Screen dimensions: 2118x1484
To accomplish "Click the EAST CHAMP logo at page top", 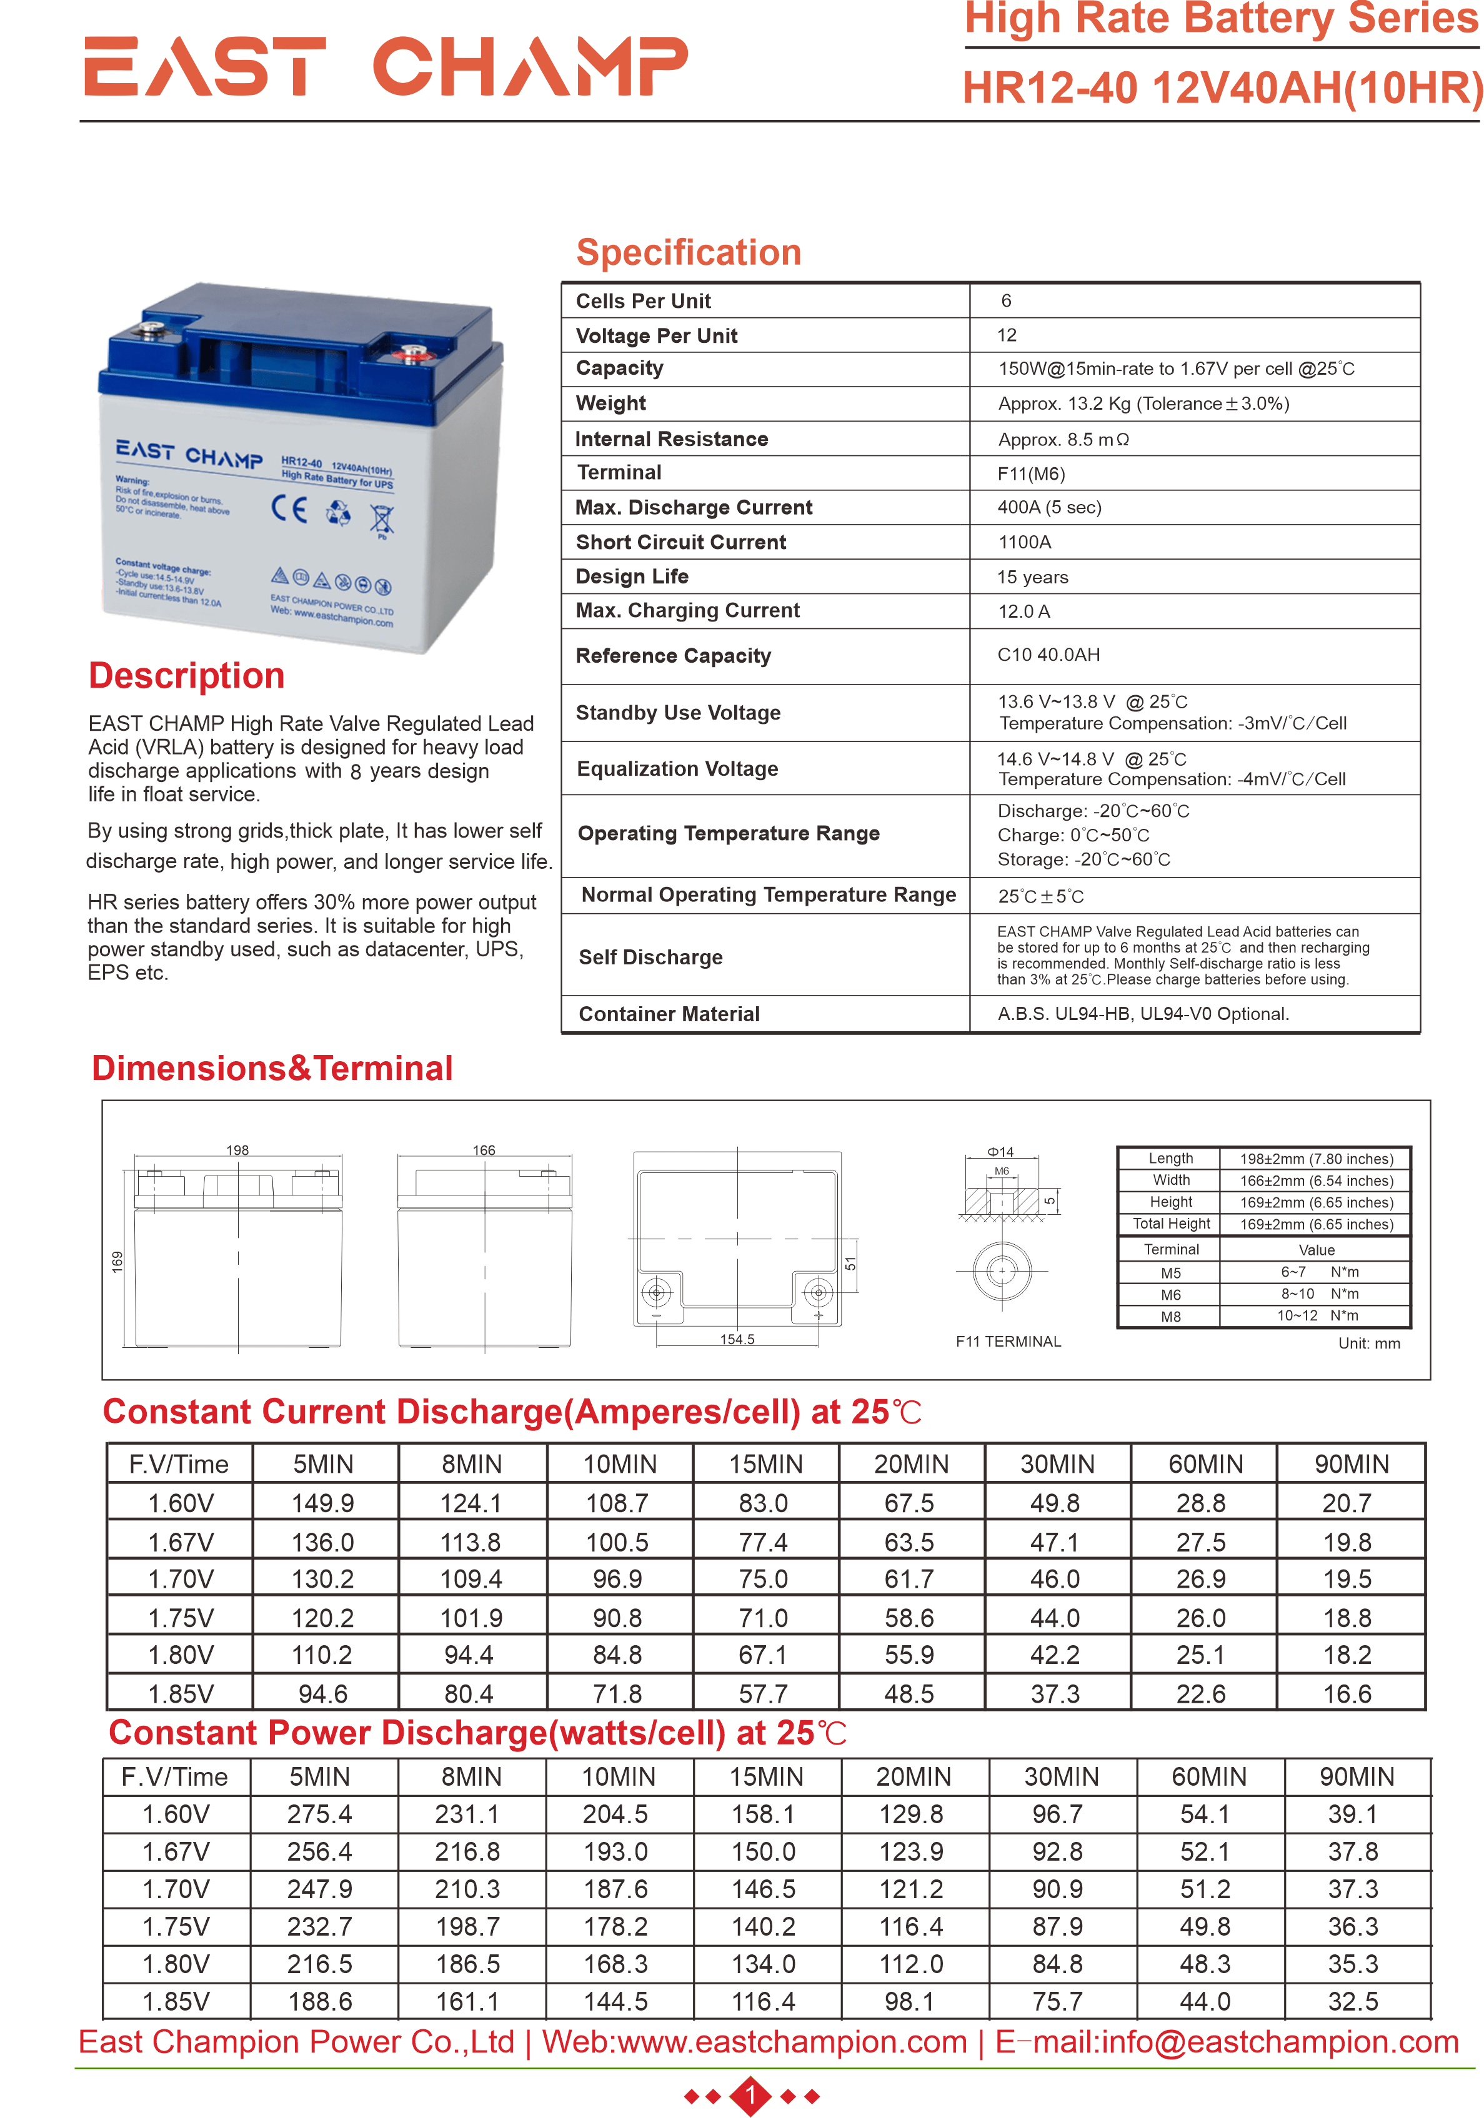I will [x=386, y=66].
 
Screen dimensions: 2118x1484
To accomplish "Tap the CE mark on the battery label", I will [x=289, y=508].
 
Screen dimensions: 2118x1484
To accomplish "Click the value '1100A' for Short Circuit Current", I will [x=1024, y=542].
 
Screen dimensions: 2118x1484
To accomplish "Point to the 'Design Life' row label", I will [x=632, y=577].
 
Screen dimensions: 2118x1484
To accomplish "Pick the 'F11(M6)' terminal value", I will [x=1031, y=474].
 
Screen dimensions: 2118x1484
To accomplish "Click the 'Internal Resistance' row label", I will [x=671, y=439].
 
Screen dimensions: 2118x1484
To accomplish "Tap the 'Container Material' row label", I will [x=669, y=1014].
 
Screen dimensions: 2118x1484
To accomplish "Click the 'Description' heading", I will [x=186, y=675].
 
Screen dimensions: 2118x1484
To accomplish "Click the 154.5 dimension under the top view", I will [x=737, y=1339].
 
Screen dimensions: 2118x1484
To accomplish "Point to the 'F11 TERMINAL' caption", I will [x=1008, y=1341].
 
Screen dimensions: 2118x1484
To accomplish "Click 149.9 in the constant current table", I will [x=323, y=1503].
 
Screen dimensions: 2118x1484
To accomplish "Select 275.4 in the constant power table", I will [x=319, y=1814].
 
